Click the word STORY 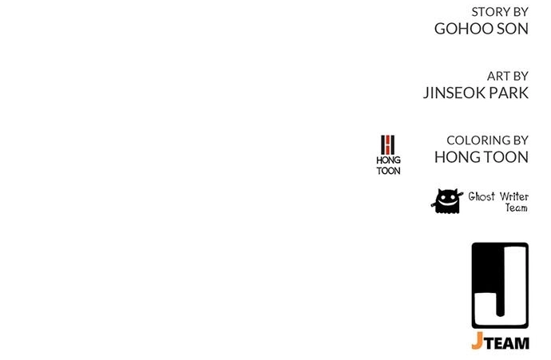click(x=490, y=12)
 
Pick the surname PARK click(x=509, y=93)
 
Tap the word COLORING click(x=478, y=140)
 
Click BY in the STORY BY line click(x=521, y=12)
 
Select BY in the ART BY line click(x=521, y=76)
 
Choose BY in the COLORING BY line click(x=521, y=140)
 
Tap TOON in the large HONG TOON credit click(x=506, y=157)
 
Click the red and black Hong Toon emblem click(x=388, y=144)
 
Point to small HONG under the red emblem click(x=388, y=160)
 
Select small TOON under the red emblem click(x=388, y=171)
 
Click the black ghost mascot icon click(x=447, y=201)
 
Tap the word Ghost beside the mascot click(x=482, y=196)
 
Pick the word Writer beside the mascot click(x=513, y=196)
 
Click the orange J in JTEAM click(x=477, y=341)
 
